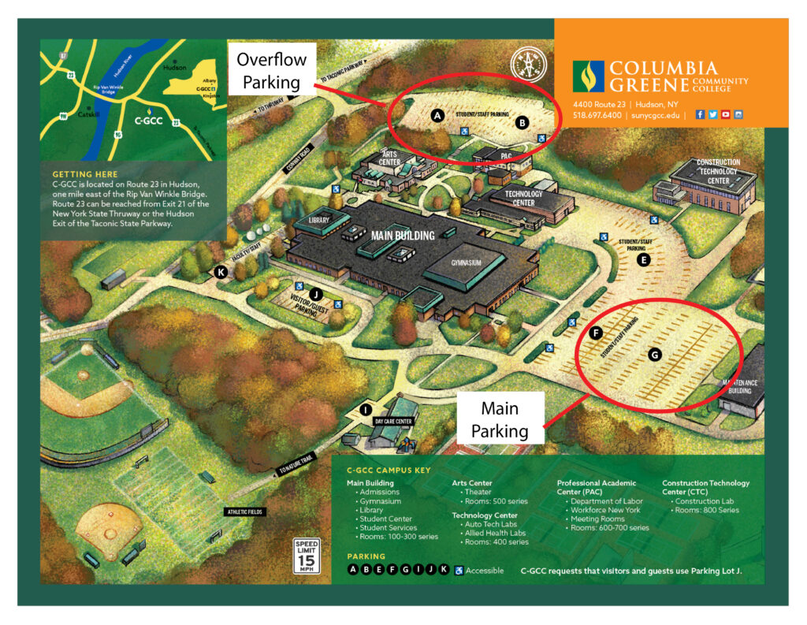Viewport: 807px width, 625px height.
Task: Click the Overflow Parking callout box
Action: pos(272,70)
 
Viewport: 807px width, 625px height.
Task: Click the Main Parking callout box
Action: pos(500,419)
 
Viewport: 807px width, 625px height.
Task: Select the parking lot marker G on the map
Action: pos(654,355)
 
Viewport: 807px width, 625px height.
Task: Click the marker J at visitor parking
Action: pos(316,294)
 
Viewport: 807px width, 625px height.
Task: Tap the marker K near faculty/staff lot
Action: pos(221,273)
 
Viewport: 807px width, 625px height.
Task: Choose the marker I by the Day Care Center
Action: pos(365,409)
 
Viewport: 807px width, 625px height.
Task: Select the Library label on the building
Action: pos(318,221)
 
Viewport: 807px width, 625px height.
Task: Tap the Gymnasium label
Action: pos(466,262)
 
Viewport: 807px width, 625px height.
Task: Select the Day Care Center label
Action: pos(392,422)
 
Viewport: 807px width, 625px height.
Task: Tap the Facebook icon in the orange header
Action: pos(700,114)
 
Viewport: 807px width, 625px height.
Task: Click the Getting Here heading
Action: pos(84,173)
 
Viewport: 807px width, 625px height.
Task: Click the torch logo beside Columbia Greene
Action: pos(588,76)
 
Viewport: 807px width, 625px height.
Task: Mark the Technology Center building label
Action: pos(523,198)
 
